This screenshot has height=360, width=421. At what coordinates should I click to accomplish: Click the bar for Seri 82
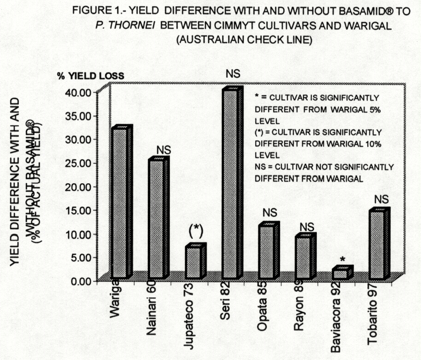230,184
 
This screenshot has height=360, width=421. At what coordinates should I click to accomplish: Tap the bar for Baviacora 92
340,274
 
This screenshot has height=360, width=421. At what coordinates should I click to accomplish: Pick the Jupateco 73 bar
193,262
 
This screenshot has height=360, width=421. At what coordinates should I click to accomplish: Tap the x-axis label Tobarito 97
372,312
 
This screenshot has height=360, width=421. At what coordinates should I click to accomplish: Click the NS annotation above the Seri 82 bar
233,73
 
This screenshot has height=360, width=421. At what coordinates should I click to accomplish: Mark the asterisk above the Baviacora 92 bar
342,260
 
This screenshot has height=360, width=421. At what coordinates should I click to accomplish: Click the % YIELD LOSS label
90,76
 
